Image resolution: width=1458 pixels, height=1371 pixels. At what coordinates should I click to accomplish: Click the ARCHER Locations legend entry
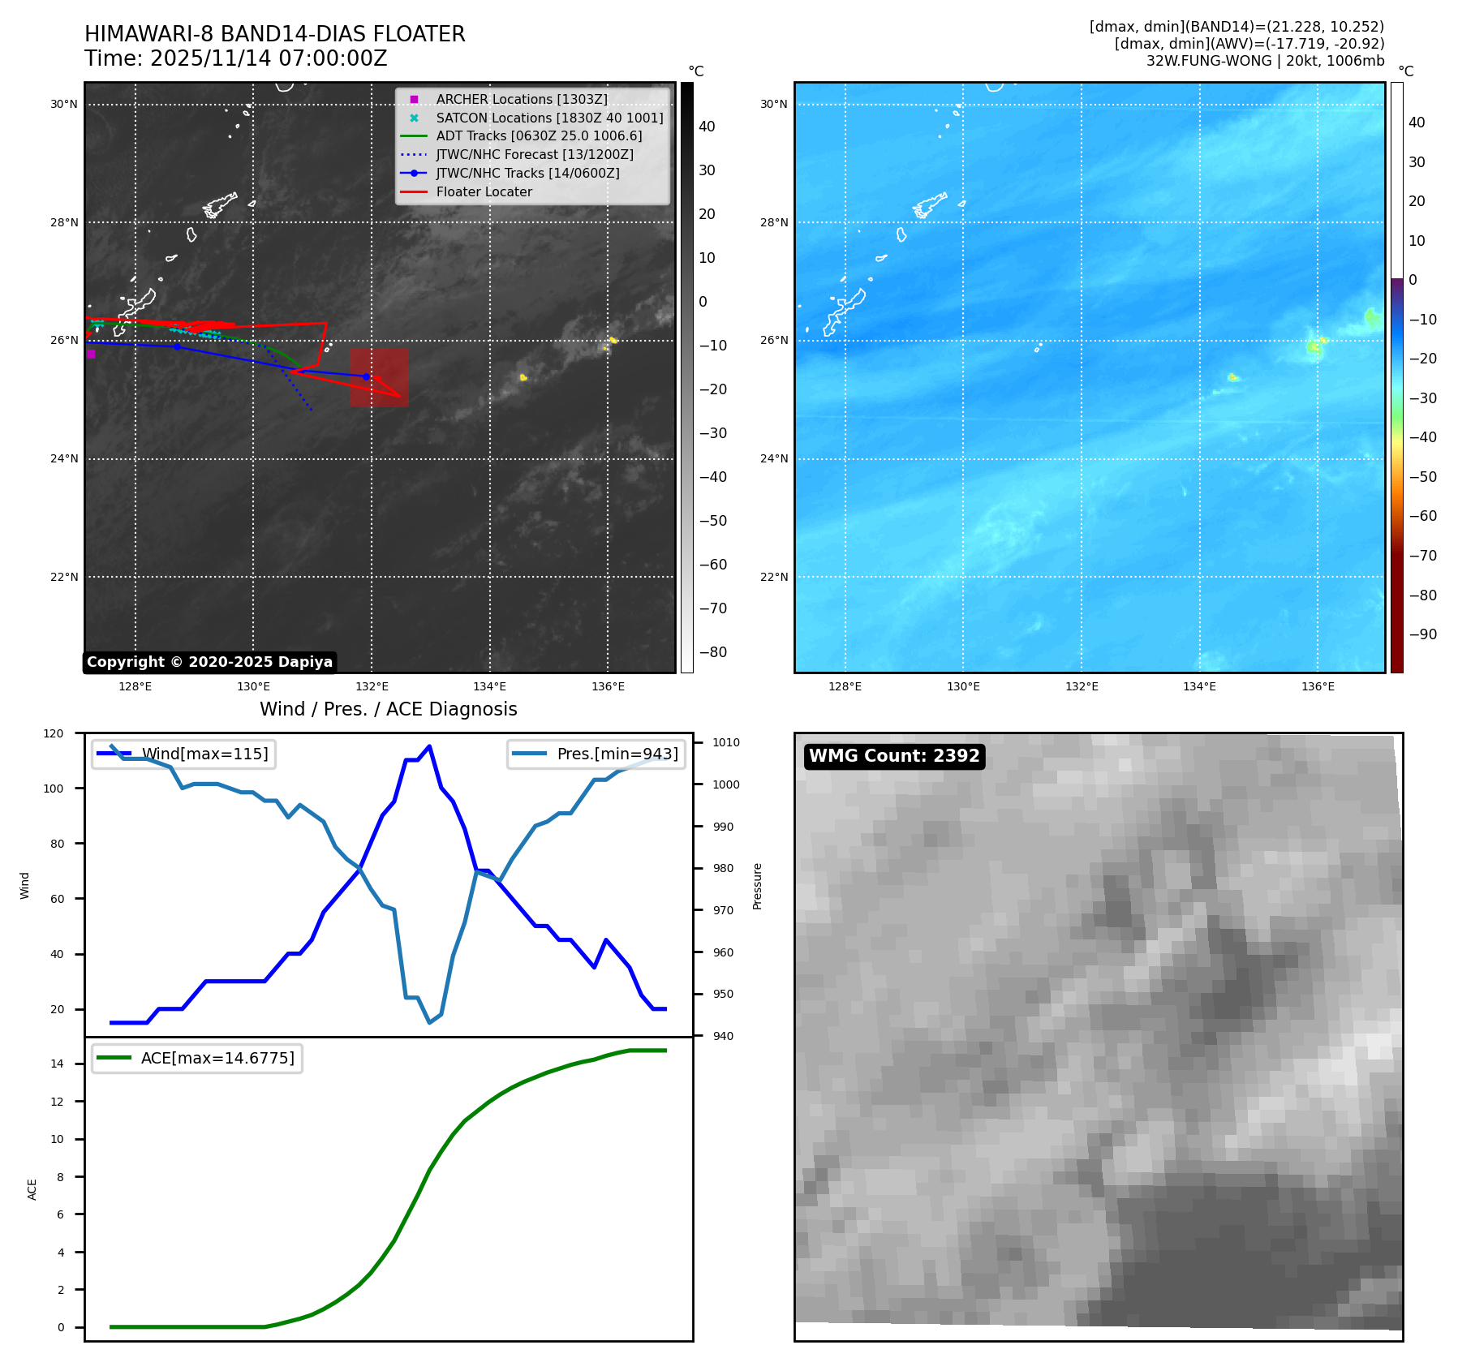click(x=521, y=99)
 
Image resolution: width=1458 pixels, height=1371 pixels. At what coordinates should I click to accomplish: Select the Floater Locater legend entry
click(x=484, y=191)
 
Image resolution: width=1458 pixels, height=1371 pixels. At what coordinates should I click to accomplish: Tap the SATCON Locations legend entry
click(x=548, y=118)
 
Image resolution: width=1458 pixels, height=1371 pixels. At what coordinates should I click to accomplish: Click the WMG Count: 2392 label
click(x=894, y=756)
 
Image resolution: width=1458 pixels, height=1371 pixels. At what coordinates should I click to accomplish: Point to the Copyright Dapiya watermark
click(x=209, y=662)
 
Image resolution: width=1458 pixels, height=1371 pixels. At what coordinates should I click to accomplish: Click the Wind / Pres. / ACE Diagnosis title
click(x=388, y=709)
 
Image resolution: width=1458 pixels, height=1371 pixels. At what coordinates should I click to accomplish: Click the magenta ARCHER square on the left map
click(x=91, y=354)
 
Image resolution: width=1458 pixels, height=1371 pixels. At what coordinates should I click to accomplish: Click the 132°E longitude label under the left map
click(x=372, y=686)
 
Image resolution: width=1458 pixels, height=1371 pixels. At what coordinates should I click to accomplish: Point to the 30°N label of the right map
click(x=773, y=104)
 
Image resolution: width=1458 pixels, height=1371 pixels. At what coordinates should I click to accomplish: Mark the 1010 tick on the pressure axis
click(x=726, y=742)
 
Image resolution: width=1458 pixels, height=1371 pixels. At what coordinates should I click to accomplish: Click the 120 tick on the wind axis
click(x=54, y=733)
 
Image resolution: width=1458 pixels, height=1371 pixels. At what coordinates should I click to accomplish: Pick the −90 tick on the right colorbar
click(x=1422, y=634)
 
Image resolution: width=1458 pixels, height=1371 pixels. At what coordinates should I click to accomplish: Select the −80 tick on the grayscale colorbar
click(x=712, y=652)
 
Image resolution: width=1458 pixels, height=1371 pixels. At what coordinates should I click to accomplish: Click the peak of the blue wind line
click(x=429, y=746)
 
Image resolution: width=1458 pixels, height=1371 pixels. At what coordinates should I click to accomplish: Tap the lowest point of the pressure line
click(x=430, y=1022)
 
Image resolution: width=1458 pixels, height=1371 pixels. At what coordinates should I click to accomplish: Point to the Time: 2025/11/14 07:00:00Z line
click(x=235, y=58)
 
